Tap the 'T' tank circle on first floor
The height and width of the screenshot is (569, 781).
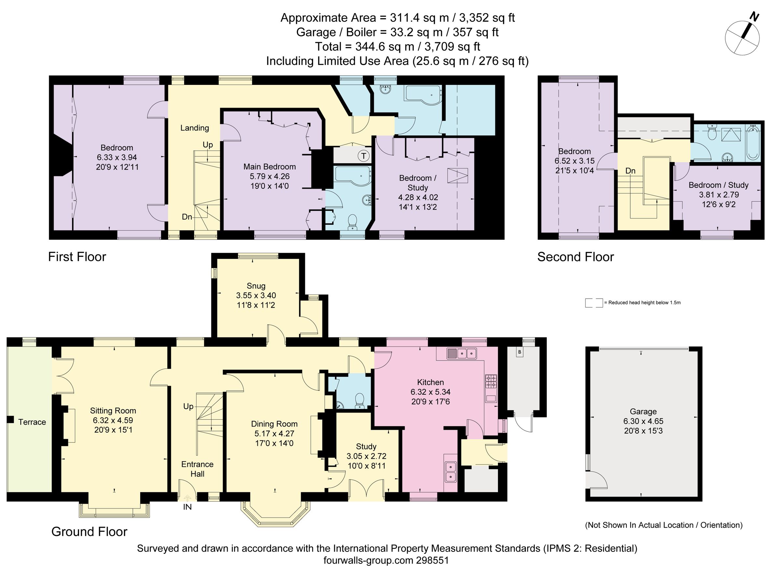click(363, 156)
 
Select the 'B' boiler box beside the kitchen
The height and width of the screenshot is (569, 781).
click(519, 352)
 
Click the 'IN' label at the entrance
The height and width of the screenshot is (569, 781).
click(187, 507)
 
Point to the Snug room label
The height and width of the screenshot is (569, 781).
click(256, 286)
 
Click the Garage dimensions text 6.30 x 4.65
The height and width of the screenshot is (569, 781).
click(643, 421)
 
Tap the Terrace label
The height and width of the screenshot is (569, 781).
click(32, 422)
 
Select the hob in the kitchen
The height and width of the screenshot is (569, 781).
click(491, 381)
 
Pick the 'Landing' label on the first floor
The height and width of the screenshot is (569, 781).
click(195, 128)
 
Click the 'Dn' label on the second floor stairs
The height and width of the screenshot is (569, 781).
click(630, 171)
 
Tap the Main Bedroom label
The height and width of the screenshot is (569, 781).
click(269, 167)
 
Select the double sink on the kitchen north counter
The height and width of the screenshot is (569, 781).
click(462, 353)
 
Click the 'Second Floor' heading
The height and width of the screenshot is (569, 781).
click(575, 257)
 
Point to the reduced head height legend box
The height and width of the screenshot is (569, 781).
click(594, 303)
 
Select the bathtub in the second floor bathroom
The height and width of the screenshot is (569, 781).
click(753, 142)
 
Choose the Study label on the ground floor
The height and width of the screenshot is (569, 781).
click(366, 447)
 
